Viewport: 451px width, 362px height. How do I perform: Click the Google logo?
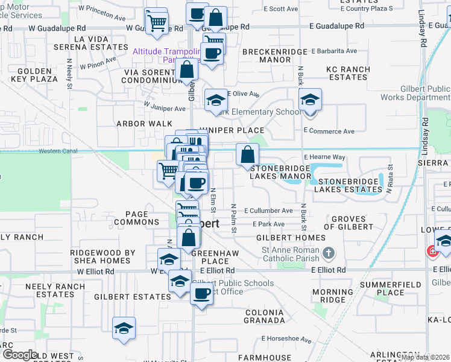[19, 355]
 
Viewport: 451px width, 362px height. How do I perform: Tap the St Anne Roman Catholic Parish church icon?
[329, 252]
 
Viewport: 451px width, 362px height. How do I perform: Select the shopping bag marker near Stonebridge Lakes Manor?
[247, 156]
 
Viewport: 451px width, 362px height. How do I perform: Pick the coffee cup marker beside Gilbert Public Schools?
[202, 294]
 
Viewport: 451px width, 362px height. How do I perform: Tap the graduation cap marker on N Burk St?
[310, 101]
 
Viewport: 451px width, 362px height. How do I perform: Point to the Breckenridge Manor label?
[276, 56]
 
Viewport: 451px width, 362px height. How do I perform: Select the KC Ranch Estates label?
[347, 73]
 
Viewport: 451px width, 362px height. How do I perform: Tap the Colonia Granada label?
[265, 316]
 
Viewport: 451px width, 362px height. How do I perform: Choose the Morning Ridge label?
[332, 296]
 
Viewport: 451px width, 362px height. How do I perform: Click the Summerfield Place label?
[390, 288]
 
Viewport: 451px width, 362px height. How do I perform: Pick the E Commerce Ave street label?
[329, 132]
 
